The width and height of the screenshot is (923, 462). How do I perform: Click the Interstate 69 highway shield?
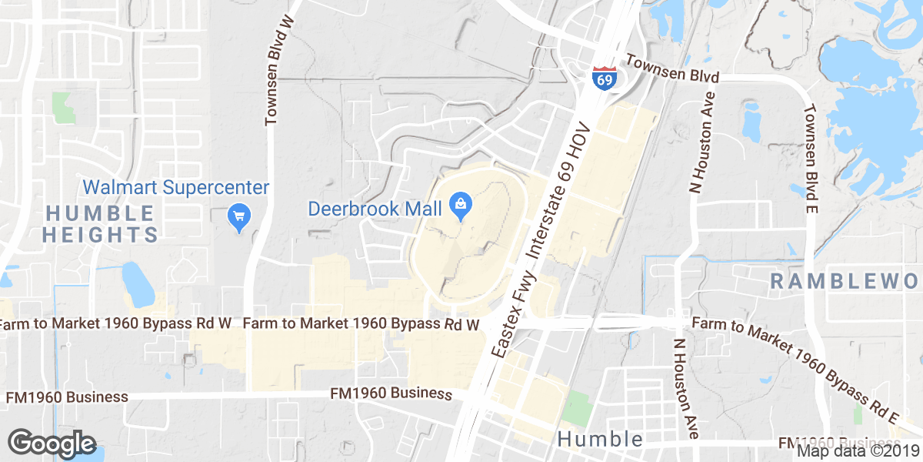tap(603, 78)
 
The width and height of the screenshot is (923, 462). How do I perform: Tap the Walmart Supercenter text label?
tap(176, 187)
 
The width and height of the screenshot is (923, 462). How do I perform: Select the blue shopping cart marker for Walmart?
tap(238, 216)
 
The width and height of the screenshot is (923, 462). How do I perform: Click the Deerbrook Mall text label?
tap(375, 208)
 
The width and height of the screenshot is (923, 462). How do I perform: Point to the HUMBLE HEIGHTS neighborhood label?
tap(100, 223)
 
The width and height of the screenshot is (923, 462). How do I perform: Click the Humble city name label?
tap(600, 439)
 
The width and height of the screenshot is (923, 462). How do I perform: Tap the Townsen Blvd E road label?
tap(811, 158)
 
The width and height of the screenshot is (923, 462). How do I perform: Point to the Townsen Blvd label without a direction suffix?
tap(672, 69)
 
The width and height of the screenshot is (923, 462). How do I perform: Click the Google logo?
tap(52, 444)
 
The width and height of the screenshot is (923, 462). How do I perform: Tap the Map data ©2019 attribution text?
tap(857, 451)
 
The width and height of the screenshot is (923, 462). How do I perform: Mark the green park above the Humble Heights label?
tap(62, 107)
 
